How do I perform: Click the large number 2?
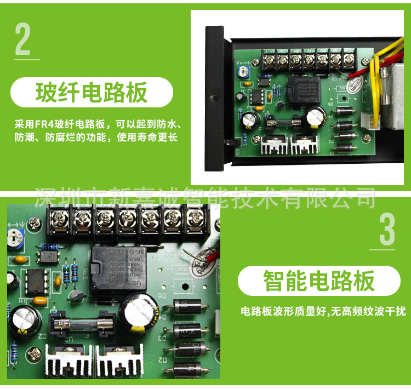pyautogui.click(x=23, y=39)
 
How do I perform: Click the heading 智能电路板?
pyautogui.click(x=319, y=281)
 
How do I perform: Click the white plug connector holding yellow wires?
pyautogui.click(x=373, y=123)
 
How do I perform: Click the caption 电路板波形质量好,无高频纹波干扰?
pyautogui.click(x=323, y=312)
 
